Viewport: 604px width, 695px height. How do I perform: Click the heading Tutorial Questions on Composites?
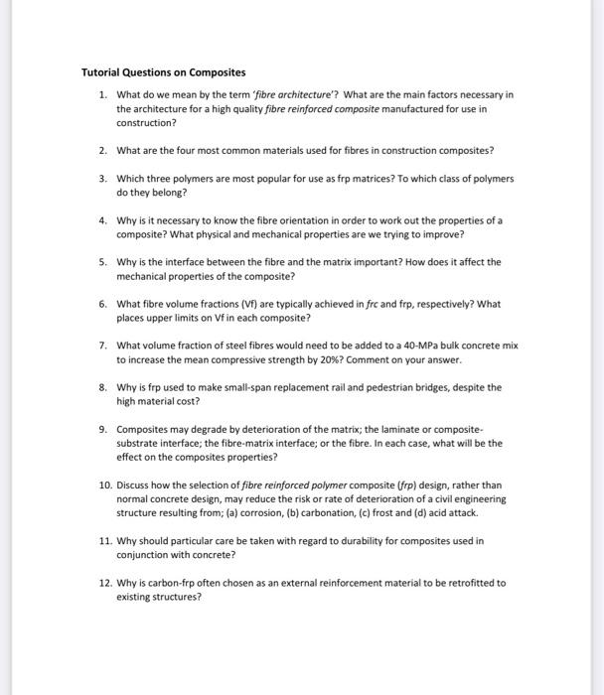163,72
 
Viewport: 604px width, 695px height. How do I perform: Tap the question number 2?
102,150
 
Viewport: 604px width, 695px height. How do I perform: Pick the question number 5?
102,262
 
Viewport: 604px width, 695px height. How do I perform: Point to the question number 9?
102,429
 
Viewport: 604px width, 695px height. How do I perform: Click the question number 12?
104,583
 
